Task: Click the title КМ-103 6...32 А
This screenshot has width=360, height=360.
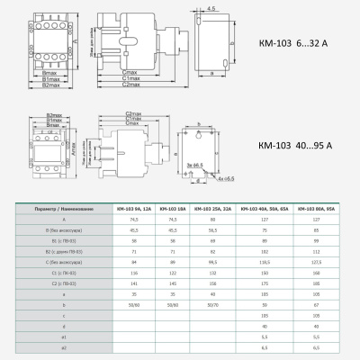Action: [282, 42]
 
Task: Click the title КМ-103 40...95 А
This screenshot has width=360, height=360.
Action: [283, 143]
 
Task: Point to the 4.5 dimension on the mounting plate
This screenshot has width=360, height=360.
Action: [211, 9]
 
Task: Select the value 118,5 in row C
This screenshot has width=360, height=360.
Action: [265, 263]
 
